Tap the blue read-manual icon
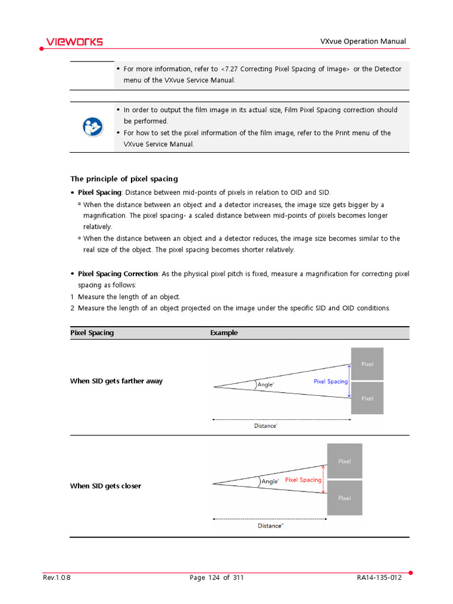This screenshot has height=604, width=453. (92, 127)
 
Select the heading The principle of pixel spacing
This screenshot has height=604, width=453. (124, 179)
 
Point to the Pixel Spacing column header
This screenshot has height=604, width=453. (92, 333)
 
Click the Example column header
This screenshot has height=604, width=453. (224, 333)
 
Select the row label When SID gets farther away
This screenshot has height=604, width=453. (116, 381)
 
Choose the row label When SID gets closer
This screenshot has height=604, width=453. (106, 486)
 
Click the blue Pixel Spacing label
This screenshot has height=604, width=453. (330, 382)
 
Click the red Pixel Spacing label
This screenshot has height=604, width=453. (303, 480)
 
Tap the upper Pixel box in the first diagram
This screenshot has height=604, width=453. (367, 364)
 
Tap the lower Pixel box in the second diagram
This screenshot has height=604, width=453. (344, 498)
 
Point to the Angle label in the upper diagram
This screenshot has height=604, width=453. (266, 385)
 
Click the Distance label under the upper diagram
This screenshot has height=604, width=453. (265, 426)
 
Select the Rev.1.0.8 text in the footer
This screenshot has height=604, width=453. (57, 577)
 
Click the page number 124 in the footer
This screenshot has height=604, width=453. (214, 577)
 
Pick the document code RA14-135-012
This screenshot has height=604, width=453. (379, 577)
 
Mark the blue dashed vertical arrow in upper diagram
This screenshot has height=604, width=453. (350, 382)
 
